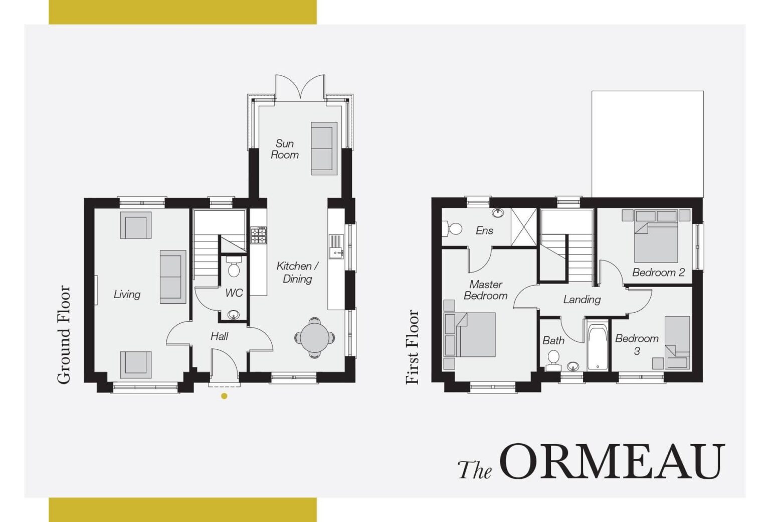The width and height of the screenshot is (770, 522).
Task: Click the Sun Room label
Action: tap(285, 149)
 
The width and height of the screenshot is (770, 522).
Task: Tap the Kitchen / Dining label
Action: tap(298, 272)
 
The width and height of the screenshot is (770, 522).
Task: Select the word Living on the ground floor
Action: tap(127, 295)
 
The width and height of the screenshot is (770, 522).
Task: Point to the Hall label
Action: tap(219, 336)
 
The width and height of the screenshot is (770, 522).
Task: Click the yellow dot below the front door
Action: tap(224, 396)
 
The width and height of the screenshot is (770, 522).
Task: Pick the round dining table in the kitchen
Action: tap(314, 337)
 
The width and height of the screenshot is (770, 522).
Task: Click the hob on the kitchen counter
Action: tap(259, 235)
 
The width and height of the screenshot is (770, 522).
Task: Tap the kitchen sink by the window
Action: tap(336, 246)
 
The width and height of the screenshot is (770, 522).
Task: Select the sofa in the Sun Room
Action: tap(324, 148)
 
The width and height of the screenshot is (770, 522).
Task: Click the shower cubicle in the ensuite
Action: tap(524, 227)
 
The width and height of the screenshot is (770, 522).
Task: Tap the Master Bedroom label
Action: tap(485, 290)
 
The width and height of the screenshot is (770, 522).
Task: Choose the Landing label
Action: tap(582, 300)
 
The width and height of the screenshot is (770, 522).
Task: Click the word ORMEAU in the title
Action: tap(612, 462)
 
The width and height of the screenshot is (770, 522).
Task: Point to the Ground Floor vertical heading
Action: tap(64, 334)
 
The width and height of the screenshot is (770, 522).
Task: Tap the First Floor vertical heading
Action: tap(412, 347)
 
